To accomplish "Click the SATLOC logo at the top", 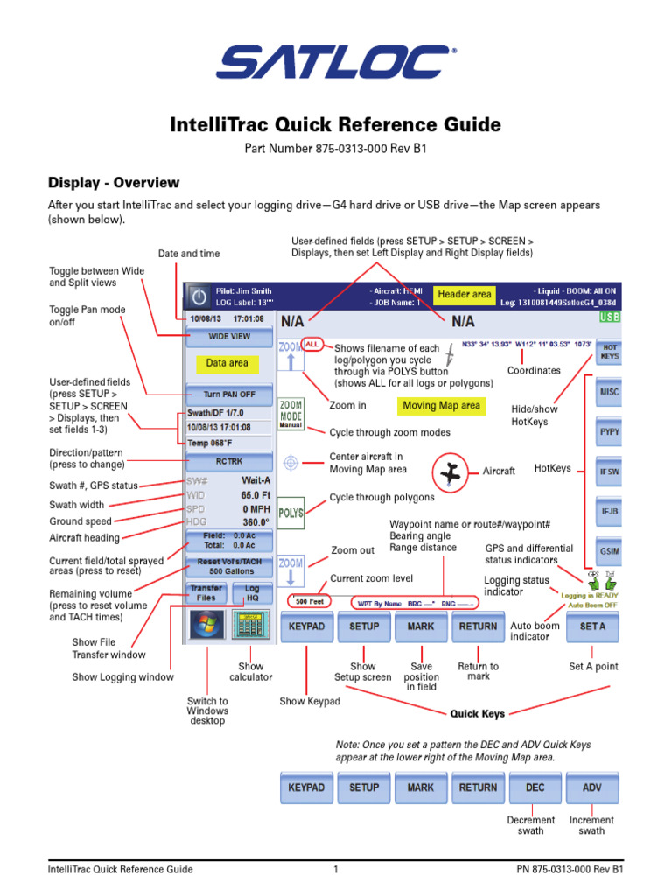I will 335,64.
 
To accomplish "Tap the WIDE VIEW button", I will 229,336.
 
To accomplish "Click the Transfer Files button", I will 206,594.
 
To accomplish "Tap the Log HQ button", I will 252,594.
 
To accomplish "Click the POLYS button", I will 290,513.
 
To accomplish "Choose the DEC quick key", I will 535,787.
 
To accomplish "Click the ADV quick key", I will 592,787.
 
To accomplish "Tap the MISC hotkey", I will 609,393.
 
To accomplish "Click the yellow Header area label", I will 465,295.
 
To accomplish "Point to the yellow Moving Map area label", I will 440,406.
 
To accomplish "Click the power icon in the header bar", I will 199,296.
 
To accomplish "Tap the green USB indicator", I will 609,319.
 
